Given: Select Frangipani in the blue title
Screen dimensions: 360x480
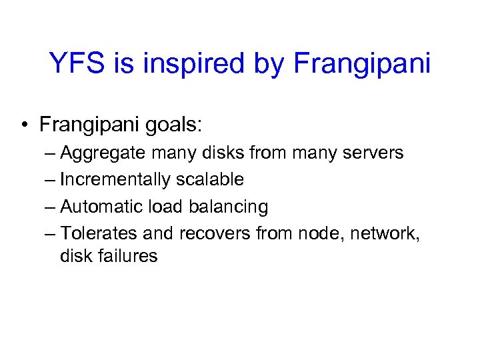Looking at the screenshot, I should click(x=361, y=63).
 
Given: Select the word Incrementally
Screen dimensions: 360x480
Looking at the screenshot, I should click(x=115, y=179).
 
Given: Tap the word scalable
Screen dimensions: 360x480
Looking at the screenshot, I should click(x=210, y=179).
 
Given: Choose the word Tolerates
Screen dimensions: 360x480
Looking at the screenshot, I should click(x=98, y=233).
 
